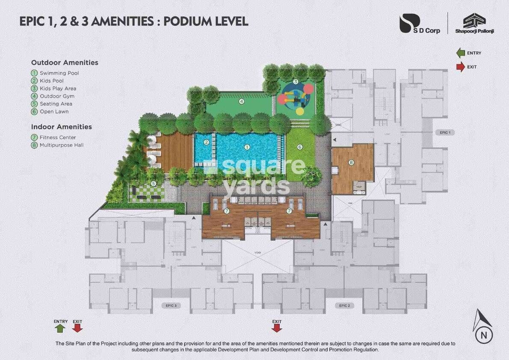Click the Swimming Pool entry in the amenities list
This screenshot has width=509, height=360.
click(x=59, y=73)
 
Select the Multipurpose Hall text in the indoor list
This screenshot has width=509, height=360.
click(x=61, y=145)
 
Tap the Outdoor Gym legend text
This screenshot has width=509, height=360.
click(x=57, y=96)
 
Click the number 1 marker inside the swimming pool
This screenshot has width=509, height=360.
click(x=247, y=147)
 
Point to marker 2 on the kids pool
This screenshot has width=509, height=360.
click(x=206, y=142)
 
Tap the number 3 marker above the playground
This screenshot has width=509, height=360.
click(x=296, y=82)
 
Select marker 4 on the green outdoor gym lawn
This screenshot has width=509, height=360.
click(x=242, y=101)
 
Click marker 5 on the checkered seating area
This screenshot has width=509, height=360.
click(x=153, y=184)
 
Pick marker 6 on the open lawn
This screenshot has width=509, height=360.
click(x=300, y=147)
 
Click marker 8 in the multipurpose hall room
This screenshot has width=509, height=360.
click(x=351, y=162)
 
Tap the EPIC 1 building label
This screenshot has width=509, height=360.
click(x=444, y=133)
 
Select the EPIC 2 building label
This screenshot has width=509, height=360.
click(x=344, y=306)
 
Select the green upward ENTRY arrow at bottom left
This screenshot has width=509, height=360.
click(x=60, y=328)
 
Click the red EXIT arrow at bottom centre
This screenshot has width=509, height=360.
click(x=277, y=328)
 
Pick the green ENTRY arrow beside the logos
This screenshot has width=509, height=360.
click(x=461, y=53)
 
